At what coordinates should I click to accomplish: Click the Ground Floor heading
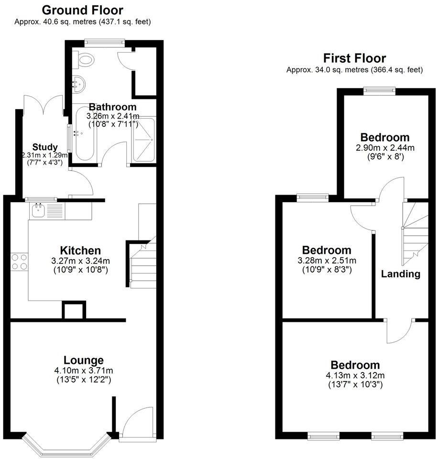83,10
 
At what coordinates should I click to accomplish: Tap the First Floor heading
354,58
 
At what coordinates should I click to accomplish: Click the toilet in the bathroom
85,59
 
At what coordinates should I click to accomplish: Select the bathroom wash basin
77,84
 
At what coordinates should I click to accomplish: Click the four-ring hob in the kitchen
19,262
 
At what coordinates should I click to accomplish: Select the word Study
45,147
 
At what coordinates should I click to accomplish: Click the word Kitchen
80,251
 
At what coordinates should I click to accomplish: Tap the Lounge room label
84,360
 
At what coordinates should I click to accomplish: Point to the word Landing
401,274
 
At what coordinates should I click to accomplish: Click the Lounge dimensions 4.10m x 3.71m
84,370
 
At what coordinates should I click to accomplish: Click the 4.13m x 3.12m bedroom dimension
356,375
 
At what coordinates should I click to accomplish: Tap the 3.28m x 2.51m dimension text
327,260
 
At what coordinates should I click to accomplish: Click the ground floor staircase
143,265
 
